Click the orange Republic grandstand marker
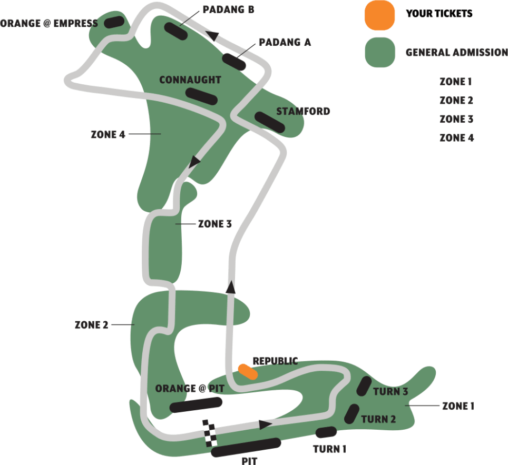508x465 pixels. tap(247, 371)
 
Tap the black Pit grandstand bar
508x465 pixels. tap(246, 447)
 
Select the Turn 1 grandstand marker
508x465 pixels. tap(326, 432)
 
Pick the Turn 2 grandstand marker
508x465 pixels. tap(351, 413)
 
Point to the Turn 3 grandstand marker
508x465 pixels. tap(364, 387)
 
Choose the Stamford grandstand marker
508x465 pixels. tap(270, 122)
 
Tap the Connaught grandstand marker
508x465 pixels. tap(201, 96)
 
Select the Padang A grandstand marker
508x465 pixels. tap(234, 62)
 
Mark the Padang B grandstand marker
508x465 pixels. tap(175, 31)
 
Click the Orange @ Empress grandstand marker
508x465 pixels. tap(114, 22)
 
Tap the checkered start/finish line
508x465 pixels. tap(210, 433)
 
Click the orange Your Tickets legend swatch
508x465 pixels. tap(379, 14)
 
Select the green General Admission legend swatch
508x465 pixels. tap(379, 52)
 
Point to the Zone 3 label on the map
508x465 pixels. tap(214, 224)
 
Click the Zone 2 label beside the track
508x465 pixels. tap(91, 325)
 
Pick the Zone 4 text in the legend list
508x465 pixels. tap(456, 138)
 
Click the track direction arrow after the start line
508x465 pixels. tap(266, 424)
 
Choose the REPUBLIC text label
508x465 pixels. tap(275, 361)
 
